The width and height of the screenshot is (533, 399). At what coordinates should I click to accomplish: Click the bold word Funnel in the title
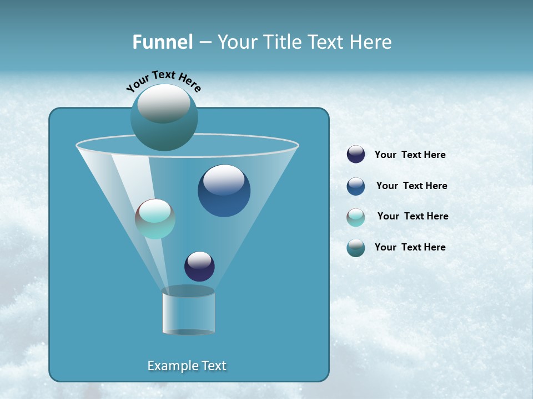[x=162, y=42]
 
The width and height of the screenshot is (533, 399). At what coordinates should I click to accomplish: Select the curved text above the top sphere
[x=164, y=80]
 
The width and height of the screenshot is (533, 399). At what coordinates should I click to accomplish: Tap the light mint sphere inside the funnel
[x=155, y=219]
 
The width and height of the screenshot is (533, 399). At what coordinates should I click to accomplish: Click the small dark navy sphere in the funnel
[x=199, y=267]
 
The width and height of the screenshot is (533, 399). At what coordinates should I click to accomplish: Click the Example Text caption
[x=187, y=366]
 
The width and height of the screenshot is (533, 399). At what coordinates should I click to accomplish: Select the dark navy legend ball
[x=356, y=155]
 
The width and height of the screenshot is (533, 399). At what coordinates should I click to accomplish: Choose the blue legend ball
[x=356, y=186]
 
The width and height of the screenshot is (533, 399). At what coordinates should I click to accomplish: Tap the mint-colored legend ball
[x=356, y=217]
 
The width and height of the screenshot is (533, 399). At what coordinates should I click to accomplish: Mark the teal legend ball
[x=356, y=248]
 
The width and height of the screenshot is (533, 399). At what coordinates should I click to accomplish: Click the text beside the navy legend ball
[x=410, y=155]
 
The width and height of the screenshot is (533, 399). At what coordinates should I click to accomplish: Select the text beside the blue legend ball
[x=411, y=186]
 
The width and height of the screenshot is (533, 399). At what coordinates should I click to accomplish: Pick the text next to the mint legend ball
[x=413, y=217]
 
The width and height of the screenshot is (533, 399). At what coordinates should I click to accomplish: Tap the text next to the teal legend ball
[x=410, y=248]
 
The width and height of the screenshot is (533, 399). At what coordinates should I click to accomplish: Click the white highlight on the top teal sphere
[x=164, y=103]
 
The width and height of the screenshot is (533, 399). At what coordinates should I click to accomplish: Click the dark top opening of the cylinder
[x=188, y=291]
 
